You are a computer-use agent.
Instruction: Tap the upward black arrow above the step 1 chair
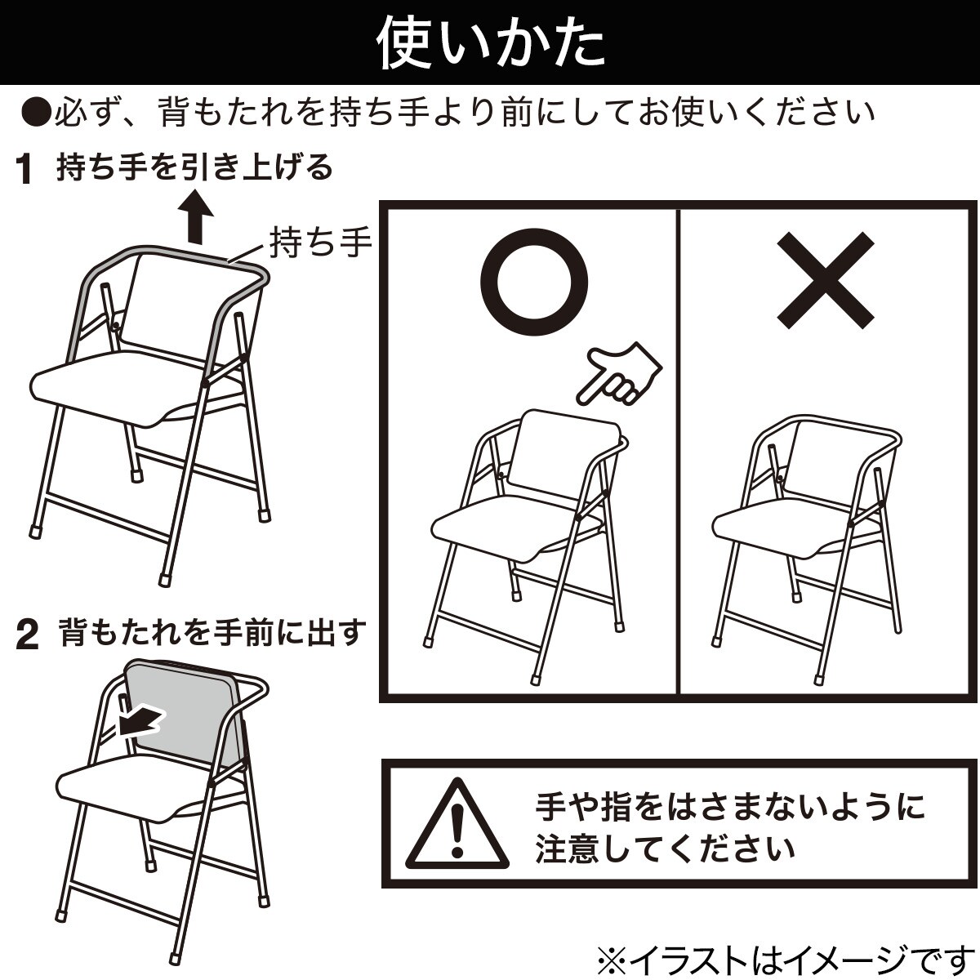pos(195,216)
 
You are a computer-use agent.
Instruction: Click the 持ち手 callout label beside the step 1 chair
pos(321,243)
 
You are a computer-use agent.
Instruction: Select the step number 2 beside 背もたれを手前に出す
pos(28,636)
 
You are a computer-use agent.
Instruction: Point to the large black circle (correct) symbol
pos(534,283)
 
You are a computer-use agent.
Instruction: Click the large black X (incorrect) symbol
pos(826,281)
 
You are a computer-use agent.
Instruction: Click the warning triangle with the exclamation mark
pos(457,825)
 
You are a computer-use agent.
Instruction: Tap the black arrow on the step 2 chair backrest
pos(140,721)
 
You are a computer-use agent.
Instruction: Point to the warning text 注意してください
pos(665,849)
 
